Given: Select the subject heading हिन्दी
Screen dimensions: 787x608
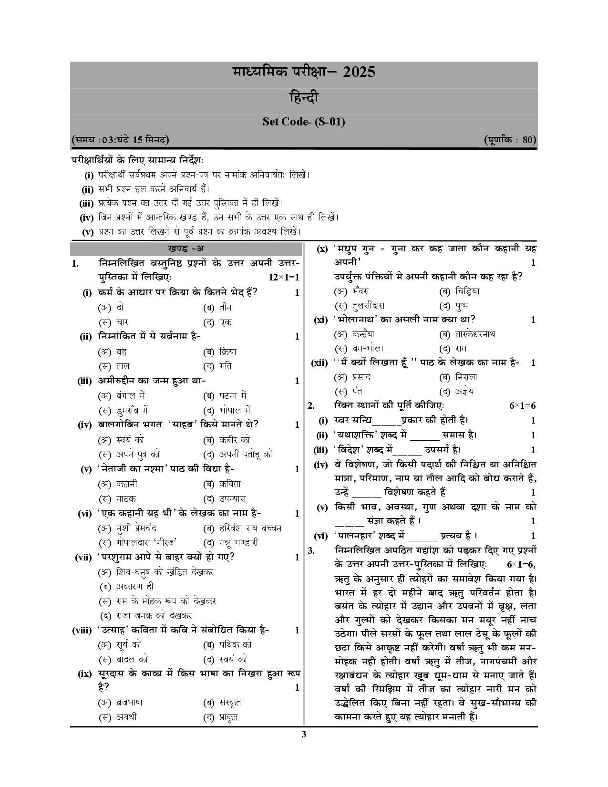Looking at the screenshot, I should (304, 98).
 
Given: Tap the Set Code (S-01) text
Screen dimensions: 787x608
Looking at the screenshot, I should (304, 122).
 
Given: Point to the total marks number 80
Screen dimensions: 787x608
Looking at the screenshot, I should (528, 140).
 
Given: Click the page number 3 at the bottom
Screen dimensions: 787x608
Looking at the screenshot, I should (304, 734).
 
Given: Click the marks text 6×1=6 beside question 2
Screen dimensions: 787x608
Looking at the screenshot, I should (523, 406).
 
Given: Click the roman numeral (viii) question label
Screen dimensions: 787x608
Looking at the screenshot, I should (82, 631).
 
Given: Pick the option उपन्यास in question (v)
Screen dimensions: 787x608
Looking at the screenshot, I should (232, 498).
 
